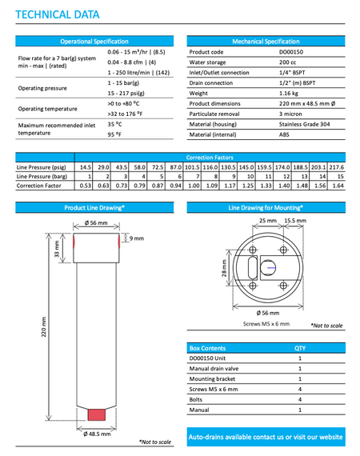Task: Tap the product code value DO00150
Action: (x=292, y=52)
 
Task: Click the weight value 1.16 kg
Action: (x=289, y=93)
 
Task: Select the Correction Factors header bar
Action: (x=210, y=158)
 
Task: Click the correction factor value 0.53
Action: (x=84, y=186)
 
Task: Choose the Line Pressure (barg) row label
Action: (x=44, y=176)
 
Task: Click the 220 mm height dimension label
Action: (x=44, y=326)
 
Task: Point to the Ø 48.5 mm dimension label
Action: (x=97, y=434)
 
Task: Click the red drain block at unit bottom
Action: (x=97, y=415)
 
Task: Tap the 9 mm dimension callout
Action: (x=136, y=238)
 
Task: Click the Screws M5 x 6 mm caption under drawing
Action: (x=266, y=324)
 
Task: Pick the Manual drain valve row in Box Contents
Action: (x=214, y=369)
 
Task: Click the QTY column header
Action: (x=300, y=349)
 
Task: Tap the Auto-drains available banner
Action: (x=266, y=437)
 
